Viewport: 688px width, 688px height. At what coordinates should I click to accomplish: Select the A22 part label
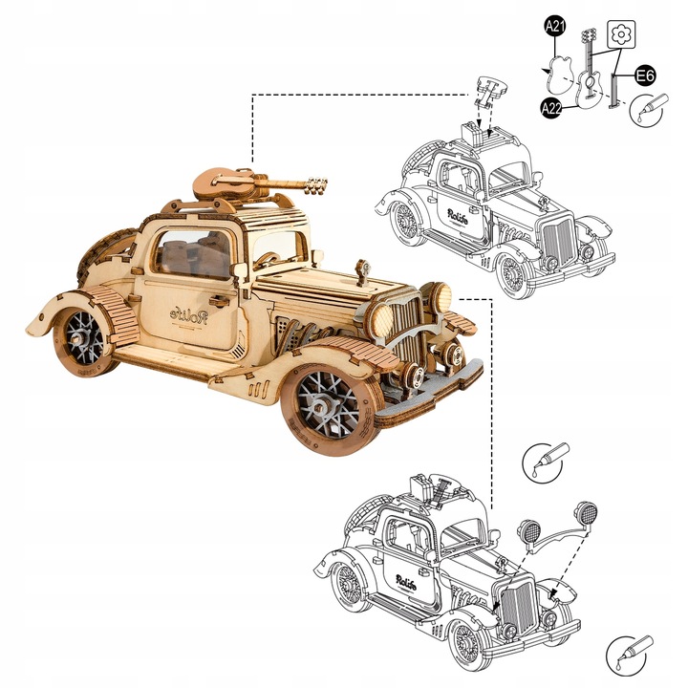551,107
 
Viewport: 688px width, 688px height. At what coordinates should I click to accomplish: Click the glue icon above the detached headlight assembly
546,461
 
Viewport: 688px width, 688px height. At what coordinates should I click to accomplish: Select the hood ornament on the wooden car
362,272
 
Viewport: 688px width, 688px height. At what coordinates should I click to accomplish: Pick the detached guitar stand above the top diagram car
489,94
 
